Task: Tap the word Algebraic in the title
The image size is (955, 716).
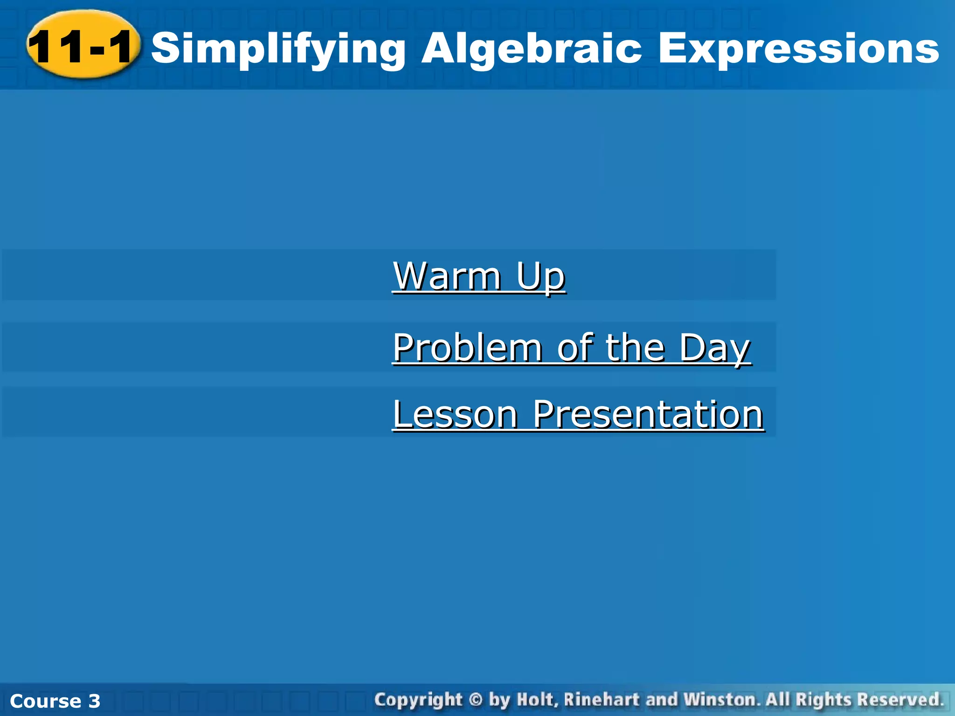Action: click(x=532, y=49)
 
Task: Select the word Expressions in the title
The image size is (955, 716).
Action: click(x=798, y=49)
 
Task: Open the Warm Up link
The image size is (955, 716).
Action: click(x=479, y=276)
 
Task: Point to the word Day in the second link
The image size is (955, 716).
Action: click(x=714, y=348)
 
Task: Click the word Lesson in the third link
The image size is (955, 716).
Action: click(x=455, y=414)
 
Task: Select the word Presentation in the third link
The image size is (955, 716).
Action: click(x=648, y=414)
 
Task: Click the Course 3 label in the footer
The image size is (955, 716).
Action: click(x=55, y=701)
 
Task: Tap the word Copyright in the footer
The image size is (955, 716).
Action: click(x=418, y=700)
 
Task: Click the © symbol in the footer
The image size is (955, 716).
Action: click(x=475, y=700)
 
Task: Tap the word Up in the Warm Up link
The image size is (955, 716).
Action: click(x=541, y=276)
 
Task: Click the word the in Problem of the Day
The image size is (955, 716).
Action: click(x=635, y=348)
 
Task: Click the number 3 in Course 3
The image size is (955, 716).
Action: click(x=94, y=701)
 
